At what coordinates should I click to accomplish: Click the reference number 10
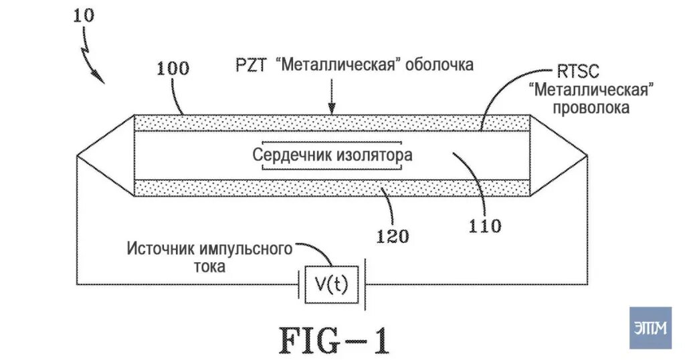coord(84,16)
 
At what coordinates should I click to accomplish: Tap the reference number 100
coord(173,69)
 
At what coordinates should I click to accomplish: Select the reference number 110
coord(485,226)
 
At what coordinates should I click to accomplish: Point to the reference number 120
coord(393,236)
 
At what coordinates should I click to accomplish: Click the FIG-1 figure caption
coord(334,341)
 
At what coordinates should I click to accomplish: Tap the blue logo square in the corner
coord(650,328)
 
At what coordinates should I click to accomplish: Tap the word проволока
coord(591,108)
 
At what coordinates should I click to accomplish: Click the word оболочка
coord(439,65)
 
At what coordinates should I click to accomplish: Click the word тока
coord(209,266)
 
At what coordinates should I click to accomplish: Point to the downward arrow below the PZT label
coord(332,96)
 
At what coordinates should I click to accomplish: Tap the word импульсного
coord(246,249)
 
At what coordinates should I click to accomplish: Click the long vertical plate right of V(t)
coord(365,284)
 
